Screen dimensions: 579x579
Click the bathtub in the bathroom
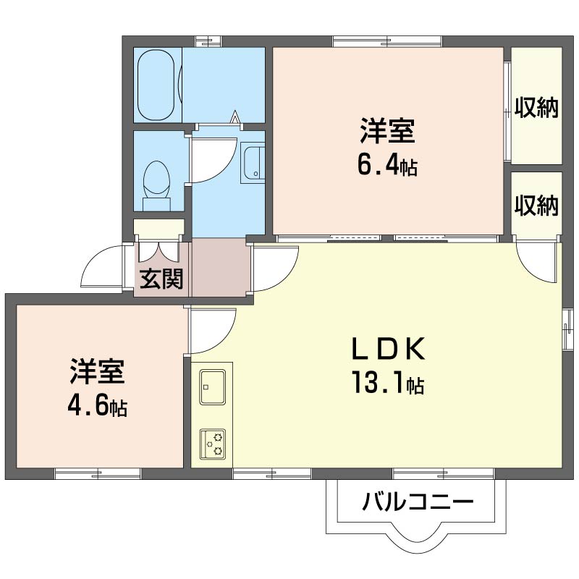(x=156, y=85)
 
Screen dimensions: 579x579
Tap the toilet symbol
(x=156, y=185)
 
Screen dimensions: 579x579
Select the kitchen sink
(x=212, y=386)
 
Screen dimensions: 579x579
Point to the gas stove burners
(x=212, y=444)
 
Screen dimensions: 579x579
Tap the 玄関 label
(x=161, y=279)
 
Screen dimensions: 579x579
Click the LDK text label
(x=388, y=349)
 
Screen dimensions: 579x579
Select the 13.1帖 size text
(x=388, y=383)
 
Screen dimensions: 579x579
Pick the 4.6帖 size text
(x=97, y=406)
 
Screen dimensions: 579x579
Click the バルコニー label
(x=418, y=502)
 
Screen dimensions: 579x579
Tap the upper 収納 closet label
(x=536, y=107)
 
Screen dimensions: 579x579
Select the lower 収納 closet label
(x=536, y=206)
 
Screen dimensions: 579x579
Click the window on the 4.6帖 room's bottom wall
(x=98, y=474)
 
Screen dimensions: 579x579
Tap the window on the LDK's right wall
(x=567, y=329)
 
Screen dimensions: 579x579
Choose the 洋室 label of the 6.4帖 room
(x=387, y=130)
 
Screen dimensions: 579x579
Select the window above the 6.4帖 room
(x=387, y=42)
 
